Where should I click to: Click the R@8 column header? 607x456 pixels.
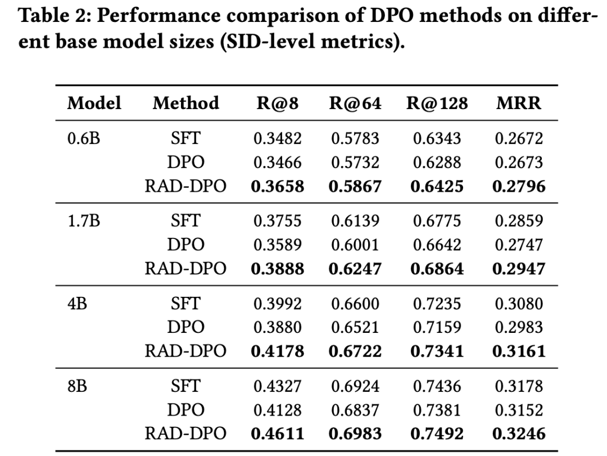tap(277, 103)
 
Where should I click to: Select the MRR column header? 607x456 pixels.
tap(519, 103)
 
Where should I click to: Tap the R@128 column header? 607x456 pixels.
tap(437, 103)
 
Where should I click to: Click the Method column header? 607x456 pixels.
tap(186, 103)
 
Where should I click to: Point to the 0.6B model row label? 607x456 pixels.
tap(84, 138)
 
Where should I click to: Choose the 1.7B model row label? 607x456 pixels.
tap(84, 221)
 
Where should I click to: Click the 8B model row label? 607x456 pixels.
tap(77, 386)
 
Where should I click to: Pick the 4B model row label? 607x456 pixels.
tap(77, 304)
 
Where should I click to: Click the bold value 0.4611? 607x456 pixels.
tap(277, 434)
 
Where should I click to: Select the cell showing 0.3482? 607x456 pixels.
tap(277, 138)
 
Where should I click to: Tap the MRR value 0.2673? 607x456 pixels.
tap(519, 162)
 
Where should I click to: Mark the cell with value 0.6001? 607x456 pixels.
tap(355, 245)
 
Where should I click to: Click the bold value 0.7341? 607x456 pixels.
tap(437, 351)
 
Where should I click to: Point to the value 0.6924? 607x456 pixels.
tap(355, 386)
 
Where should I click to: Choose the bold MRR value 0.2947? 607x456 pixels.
tap(519, 269)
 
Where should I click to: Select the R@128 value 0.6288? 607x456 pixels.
tap(437, 162)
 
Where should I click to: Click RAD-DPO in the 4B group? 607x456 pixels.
tap(185, 351)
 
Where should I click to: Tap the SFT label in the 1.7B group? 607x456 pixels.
tap(185, 221)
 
